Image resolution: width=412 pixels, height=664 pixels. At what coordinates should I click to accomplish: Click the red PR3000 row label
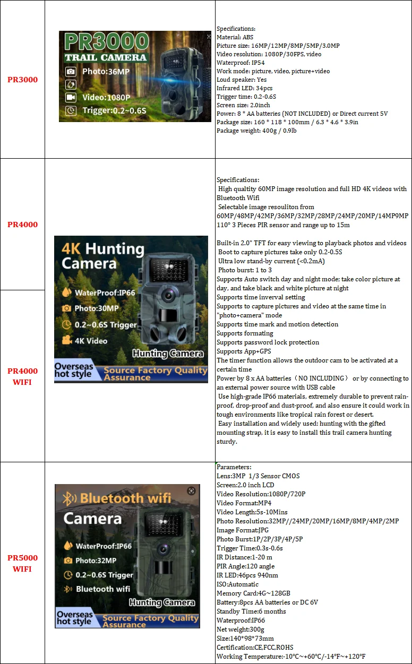tap(22, 80)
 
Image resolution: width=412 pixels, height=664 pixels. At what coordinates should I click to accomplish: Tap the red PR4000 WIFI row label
tap(22, 376)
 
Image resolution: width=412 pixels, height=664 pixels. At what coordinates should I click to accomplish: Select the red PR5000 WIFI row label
tap(22, 563)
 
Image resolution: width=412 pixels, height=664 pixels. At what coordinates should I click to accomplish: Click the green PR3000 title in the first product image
tap(107, 41)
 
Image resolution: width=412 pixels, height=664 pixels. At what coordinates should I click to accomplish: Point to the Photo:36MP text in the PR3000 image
tap(106, 72)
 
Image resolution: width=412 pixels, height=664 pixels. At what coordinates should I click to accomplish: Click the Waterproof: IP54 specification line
tap(241, 63)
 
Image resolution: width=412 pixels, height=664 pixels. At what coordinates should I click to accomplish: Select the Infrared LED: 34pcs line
tap(244, 88)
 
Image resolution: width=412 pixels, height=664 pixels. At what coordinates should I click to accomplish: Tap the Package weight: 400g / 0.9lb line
tap(256, 131)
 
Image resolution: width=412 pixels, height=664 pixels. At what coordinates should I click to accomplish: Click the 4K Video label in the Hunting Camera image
tap(91, 341)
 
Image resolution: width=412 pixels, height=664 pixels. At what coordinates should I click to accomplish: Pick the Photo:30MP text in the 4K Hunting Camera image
tap(97, 308)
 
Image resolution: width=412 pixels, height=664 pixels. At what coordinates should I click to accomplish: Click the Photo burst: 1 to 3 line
tap(245, 270)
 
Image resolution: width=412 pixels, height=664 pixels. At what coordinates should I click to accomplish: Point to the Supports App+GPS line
tap(244, 351)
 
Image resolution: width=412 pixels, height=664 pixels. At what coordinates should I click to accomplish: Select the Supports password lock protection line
tap(268, 342)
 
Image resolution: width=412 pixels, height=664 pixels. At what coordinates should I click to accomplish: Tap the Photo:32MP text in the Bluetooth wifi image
tap(96, 560)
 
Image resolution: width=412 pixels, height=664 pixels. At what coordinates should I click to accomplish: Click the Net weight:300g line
tap(241, 629)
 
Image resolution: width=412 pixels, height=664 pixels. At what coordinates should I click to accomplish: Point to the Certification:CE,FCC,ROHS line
tap(255, 648)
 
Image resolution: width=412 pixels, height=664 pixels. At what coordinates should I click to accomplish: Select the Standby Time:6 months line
tap(251, 611)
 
